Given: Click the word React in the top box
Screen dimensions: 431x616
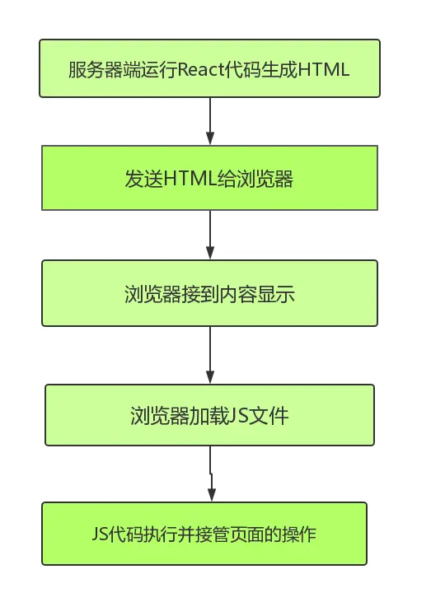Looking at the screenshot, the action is [x=200, y=70].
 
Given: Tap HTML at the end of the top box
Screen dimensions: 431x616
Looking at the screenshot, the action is [x=324, y=70].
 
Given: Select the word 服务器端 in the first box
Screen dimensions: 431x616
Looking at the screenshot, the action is [x=104, y=70].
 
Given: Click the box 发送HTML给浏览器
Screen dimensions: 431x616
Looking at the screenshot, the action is [x=209, y=178].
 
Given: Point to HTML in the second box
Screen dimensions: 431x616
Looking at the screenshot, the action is [x=190, y=179].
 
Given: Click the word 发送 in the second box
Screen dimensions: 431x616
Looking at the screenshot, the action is [x=144, y=179].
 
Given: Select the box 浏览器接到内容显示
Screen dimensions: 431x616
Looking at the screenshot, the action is [x=209, y=293].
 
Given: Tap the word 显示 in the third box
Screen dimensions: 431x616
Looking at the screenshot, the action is [x=276, y=294].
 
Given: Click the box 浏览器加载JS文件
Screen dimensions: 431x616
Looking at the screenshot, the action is [x=209, y=415].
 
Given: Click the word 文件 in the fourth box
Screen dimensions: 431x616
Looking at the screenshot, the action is [x=269, y=416].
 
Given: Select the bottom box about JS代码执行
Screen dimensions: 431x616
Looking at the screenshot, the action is [x=204, y=534].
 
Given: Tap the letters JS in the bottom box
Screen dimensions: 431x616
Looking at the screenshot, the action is [x=101, y=534].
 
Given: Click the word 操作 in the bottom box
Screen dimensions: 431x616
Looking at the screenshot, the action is [x=299, y=534].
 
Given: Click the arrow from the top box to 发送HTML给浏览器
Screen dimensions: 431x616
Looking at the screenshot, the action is [x=210, y=121].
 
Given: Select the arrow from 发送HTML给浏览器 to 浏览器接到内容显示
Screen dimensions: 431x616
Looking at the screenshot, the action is [x=210, y=235].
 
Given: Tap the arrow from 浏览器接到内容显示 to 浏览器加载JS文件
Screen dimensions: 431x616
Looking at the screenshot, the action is [x=210, y=355].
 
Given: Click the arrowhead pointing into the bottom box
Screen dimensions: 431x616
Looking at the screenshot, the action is [x=212, y=495].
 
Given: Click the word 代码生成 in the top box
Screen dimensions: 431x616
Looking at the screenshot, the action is [x=260, y=70].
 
